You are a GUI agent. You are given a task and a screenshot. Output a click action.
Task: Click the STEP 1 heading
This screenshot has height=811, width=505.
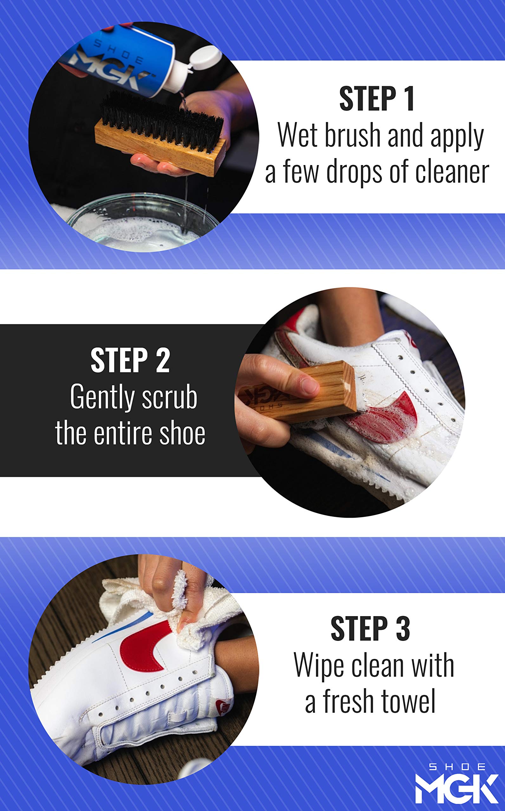377,99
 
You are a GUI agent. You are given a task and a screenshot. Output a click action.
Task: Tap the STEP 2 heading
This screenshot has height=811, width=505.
130,360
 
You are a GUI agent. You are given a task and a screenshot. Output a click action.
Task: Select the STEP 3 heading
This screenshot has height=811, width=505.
370,628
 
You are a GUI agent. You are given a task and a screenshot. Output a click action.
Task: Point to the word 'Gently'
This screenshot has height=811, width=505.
102,398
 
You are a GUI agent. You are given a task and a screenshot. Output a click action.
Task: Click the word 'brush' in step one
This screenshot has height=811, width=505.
353,135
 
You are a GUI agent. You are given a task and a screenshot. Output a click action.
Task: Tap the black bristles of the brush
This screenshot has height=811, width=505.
162,118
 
